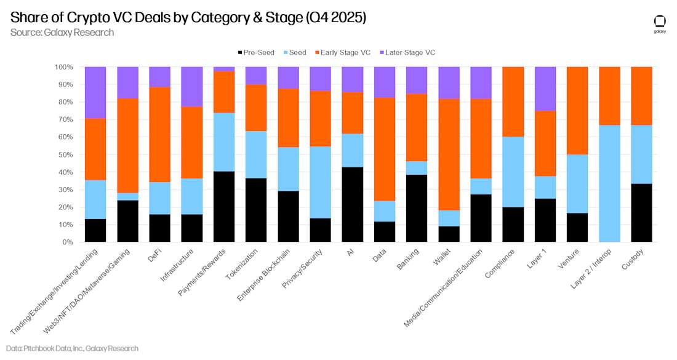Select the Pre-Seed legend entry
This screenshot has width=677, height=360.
[255, 52]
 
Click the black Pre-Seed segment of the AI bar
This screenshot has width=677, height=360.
[352, 204]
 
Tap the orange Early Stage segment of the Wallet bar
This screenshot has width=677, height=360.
[449, 154]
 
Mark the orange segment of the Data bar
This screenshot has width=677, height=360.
[385, 149]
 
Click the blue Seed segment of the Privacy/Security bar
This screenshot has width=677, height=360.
[320, 182]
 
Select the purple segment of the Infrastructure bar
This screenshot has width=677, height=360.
[191, 87]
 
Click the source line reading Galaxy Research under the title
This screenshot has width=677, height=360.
[62, 32]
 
